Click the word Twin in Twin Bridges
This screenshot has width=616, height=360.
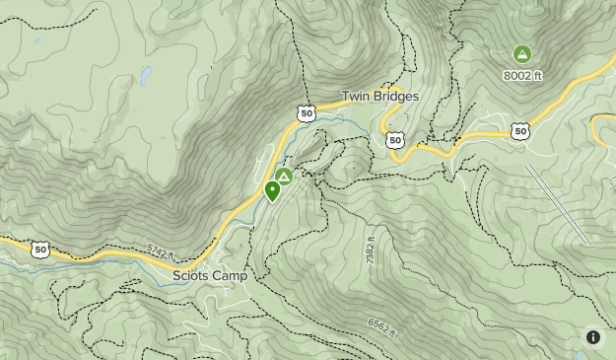pyautogui.click(x=355, y=97)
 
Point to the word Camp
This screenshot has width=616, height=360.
pyautogui.click(x=231, y=276)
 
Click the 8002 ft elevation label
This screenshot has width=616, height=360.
pyautogui.click(x=522, y=75)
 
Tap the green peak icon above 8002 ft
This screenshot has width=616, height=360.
pyautogui.click(x=522, y=54)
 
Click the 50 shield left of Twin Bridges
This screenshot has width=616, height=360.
pyautogui.click(x=307, y=114)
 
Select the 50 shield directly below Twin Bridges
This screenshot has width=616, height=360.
pyautogui.click(x=395, y=140)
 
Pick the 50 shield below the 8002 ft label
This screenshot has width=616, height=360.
pyautogui.click(x=520, y=131)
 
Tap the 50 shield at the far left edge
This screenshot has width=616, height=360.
pyautogui.click(x=40, y=250)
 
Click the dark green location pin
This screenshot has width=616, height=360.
pyautogui.click(x=272, y=190)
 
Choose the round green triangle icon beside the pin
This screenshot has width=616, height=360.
pyautogui.click(x=284, y=177)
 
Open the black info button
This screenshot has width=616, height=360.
pyautogui.click(x=593, y=337)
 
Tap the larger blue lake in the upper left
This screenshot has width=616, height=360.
pyautogui.click(x=146, y=75)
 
